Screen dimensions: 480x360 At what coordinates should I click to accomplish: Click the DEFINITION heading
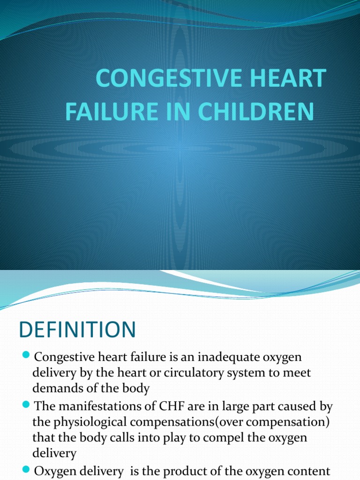click(x=77, y=330)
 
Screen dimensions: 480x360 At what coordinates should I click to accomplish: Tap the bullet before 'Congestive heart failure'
click(x=26, y=355)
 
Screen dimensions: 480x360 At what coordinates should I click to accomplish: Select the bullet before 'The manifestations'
click(x=26, y=404)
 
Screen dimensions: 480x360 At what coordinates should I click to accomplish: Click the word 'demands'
click(x=56, y=389)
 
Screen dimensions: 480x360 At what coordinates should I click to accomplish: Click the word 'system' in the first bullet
click(x=262, y=373)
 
